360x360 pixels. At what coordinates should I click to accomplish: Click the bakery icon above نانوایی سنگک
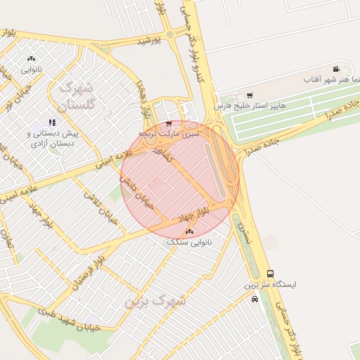189,231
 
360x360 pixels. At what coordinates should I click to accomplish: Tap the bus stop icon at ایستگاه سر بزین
271,274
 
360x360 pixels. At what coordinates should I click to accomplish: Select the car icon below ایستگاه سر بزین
255,299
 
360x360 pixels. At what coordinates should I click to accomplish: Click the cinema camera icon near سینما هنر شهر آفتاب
337,69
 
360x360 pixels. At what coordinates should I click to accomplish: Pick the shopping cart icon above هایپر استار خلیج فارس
250,95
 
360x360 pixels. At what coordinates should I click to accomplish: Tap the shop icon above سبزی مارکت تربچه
169,123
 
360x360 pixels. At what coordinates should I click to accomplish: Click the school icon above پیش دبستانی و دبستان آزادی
53,122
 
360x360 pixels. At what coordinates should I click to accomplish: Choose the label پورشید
149,41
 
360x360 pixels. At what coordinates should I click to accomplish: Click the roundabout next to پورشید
169,34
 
